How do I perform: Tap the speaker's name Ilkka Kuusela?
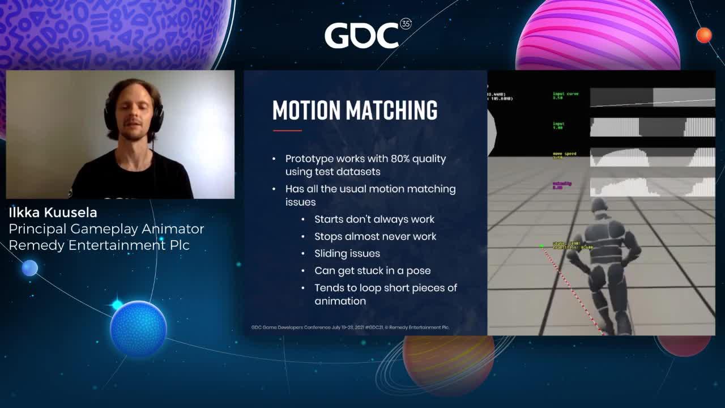(53, 212)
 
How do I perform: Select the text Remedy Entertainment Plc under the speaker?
(99, 245)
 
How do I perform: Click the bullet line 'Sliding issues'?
(347, 253)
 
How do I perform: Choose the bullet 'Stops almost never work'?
(375, 236)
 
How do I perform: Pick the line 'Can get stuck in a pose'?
(373, 270)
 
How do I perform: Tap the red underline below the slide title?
(287, 130)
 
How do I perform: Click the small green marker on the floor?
(542, 246)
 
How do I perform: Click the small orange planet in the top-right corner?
(703, 35)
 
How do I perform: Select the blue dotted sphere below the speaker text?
(138, 328)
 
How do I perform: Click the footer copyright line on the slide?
(350, 327)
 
